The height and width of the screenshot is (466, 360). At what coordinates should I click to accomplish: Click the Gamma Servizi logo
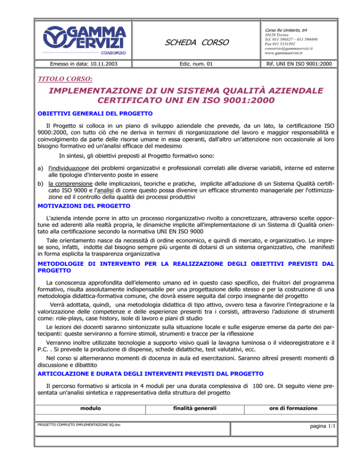pyautogui.click(x=86, y=40)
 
